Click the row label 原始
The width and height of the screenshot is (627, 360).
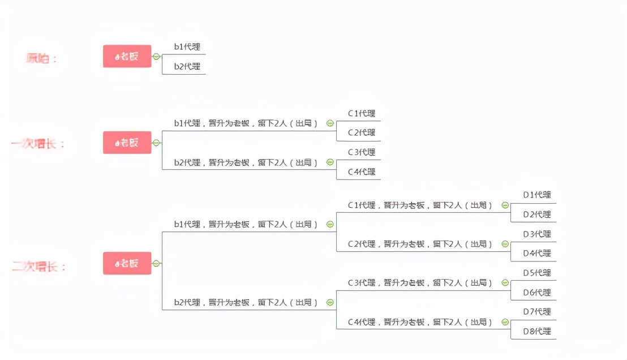click(x=42, y=58)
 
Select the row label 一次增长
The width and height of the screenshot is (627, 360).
click(x=38, y=144)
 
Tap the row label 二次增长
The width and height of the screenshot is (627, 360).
click(x=40, y=267)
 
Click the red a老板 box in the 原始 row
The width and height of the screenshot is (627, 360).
click(x=127, y=57)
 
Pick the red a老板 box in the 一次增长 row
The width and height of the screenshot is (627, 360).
click(x=127, y=143)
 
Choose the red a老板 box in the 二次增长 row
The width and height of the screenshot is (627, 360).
click(x=127, y=263)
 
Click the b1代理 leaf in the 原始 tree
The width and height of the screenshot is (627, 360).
click(x=187, y=47)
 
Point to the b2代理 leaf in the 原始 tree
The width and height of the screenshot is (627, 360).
click(x=187, y=66)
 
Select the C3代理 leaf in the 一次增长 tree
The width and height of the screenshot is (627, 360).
click(x=362, y=152)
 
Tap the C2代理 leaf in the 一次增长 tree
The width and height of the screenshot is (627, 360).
click(x=362, y=132)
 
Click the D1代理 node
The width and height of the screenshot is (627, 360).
click(x=537, y=195)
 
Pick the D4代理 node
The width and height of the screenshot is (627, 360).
click(x=537, y=253)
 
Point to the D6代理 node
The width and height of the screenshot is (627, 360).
click(x=537, y=293)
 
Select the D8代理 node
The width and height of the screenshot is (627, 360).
click(x=537, y=331)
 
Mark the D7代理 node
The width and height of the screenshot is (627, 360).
click(x=537, y=312)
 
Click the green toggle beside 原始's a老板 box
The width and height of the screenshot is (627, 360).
click(x=157, y=57)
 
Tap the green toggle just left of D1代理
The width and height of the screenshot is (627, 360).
click(x=505, y=205)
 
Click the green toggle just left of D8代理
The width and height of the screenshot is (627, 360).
click(x=505, y=322)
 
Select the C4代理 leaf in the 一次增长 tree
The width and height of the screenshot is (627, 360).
click(x=362, y=172)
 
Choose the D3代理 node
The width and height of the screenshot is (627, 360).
click(x=537, y=234)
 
